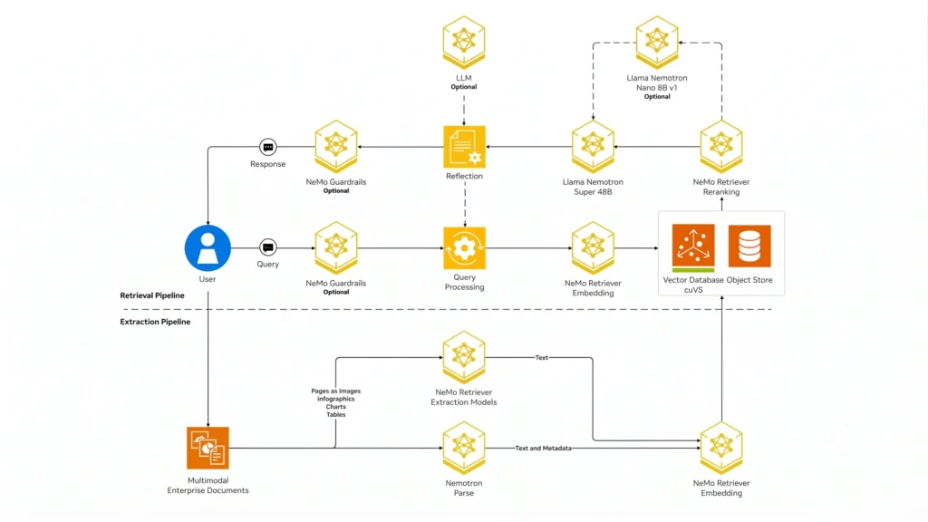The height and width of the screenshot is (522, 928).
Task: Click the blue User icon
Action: [x=208, y=248]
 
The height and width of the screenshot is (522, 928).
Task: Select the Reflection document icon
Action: [x=465, y=147]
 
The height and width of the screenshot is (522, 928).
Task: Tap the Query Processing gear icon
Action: [x=465, y=248]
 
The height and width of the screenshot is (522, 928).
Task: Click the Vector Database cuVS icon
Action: [x=693, y=247]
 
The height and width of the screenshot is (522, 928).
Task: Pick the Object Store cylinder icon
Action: [x=749, y=246]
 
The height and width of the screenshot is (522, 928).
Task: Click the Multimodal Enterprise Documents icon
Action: [x=208, y=448]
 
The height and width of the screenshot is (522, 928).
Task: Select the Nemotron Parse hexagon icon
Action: [x=464, y=448]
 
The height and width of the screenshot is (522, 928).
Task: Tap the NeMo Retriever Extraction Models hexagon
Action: [x=464, y=357]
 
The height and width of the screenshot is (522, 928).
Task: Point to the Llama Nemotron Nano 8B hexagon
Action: [x=657, y=43]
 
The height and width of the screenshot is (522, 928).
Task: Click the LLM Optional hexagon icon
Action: [x=464, y=43]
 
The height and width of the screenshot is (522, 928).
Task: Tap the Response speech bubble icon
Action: [x=268, y=147]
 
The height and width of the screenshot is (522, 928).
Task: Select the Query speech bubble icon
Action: [x=268, y=247]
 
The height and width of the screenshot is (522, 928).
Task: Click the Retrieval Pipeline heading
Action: [x=152, y=295]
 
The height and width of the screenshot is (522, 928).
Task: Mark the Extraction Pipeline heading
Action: [x=155, y=322]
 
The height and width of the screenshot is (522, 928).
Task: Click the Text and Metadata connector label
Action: [x=544, y=449]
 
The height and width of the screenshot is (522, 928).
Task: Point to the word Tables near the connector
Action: [x=335, y=415]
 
